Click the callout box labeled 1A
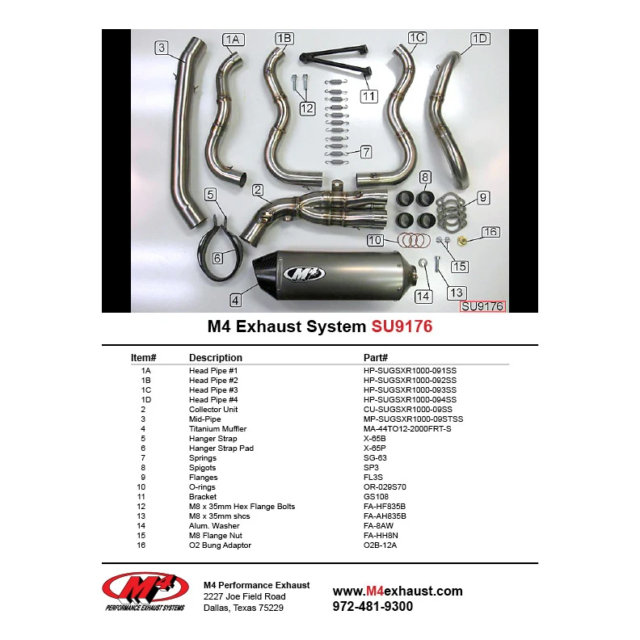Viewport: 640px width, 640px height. tap(233, 39)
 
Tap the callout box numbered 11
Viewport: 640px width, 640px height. tap(369, 96)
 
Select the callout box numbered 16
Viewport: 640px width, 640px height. tap(491, 232)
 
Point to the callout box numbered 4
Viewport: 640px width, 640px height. tap(235, 301)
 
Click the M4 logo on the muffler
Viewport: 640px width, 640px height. tap(304, 273)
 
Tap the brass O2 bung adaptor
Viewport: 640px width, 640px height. tap(462, 241)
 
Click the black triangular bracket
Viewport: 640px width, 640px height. tap(335, 61)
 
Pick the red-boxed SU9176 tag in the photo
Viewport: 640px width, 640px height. tap(482, 306)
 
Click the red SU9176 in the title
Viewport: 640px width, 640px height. tap(402, 326)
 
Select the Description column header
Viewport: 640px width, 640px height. tap(216, 357)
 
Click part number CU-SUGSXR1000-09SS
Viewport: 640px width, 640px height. tap(408, 410)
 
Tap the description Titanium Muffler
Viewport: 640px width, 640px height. tap(217, 428)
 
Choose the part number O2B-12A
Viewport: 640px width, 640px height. tap(380, 545)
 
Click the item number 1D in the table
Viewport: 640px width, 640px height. tap(146, 399)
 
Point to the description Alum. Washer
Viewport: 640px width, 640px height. tap(214, 526)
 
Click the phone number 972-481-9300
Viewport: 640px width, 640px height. tap(373, 607)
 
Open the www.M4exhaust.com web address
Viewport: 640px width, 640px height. tap(398, 591)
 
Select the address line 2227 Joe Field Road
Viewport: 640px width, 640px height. tap(245, 596)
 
